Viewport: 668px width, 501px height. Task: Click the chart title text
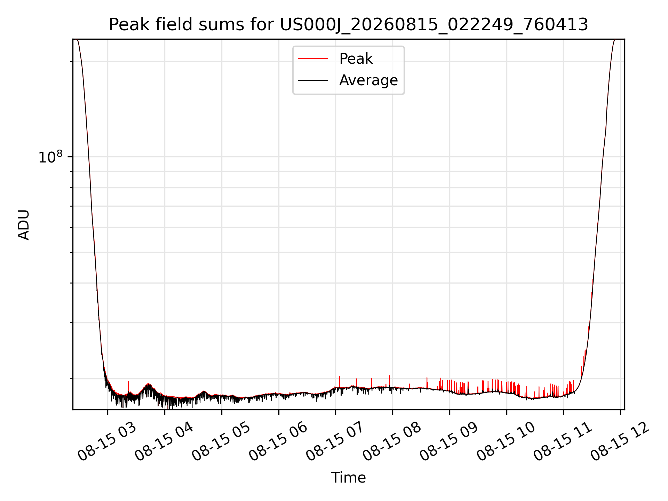tap(348, 25)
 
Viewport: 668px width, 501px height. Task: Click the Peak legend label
tap(356, 58)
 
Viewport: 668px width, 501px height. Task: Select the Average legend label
tap(368, 80)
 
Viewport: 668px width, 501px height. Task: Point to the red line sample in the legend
tap(313, 58)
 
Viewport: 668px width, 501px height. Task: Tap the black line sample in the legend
tap(313, 80)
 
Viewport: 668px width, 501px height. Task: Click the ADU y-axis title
tap(24, 224)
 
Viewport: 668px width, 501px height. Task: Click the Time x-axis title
tap(348, 477)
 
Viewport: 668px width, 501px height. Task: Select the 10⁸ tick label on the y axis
tap(51, 157)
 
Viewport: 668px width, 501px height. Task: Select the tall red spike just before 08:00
tap(389, 381)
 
